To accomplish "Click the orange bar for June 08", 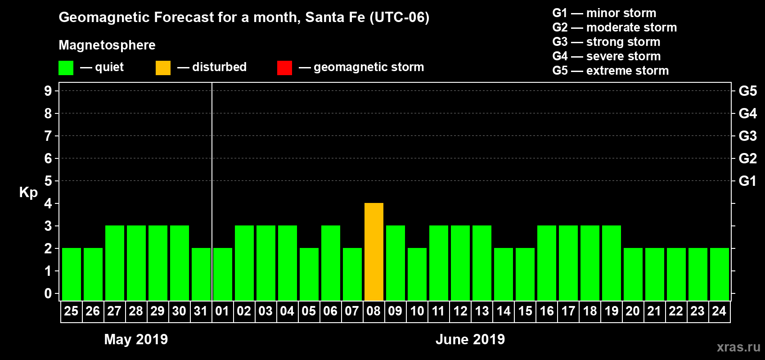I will coord(374,252).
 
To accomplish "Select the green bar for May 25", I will coord(72,274).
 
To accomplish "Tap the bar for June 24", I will coord(720,274).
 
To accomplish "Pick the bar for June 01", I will coord(223,274).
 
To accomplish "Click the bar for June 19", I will coord(612,263).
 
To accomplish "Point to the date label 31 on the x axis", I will coord(201,311).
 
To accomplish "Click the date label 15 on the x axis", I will coord(525,311).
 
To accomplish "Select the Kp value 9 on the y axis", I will coord(48,91).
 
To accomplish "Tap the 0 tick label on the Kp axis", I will coord(48,294).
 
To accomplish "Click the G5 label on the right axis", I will coord(747,91).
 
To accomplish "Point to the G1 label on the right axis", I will coord(747,181).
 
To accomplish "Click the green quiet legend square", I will coord(66,68).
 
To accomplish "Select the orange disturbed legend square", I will coord(163,68).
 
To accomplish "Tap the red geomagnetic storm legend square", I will coord(284,68).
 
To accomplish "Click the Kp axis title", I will coord(28,192).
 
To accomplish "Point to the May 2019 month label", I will coord(136,339).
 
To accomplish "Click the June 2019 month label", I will coord(470,339).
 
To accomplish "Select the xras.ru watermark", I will coord(738,347).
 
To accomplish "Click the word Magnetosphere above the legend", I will coord(107,45).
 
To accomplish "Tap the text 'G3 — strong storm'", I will coord(606,42).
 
